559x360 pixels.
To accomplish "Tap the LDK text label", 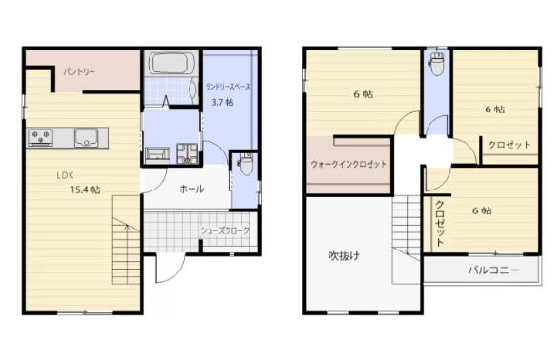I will point(64,174).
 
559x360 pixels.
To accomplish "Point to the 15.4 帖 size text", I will point(85,190).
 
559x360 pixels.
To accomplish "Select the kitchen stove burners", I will point(42,138).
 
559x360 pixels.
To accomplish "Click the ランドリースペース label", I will point(228,87).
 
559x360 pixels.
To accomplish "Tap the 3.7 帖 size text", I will point(223,102).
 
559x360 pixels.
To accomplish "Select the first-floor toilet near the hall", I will point(246,164).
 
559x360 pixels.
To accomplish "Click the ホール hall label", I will point(190,189).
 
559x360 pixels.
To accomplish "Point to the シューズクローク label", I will point(224,230).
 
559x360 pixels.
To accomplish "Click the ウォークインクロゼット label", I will point(349,164).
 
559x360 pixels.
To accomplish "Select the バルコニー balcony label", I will point(493,270).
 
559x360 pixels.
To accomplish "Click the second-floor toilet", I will point(437,64).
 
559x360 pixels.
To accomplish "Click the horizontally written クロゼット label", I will point(509,145).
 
